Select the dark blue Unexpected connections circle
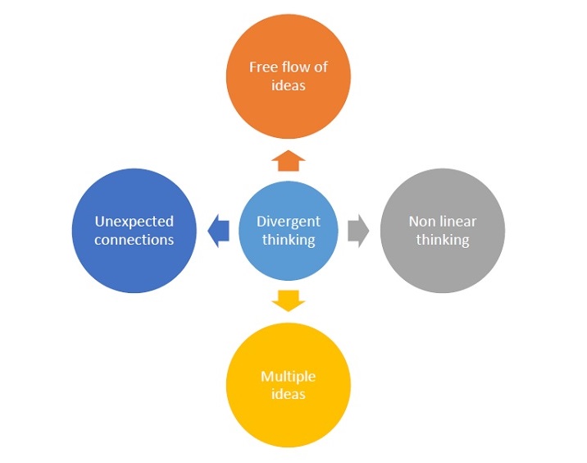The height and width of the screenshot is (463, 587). coord(134,231)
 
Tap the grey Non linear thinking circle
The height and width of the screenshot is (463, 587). coord(443,231)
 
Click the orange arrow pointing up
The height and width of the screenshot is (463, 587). coord(289,159)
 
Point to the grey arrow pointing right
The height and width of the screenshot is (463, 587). coord(358,231)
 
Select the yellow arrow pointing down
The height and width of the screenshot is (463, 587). coord(289,300)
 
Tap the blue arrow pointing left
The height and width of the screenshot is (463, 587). coord(218,231)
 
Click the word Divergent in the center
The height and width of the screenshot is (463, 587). coord(289,222)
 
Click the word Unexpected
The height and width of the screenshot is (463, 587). coord(134,222)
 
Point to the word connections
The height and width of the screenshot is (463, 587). coord(134,240)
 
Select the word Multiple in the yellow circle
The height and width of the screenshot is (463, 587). coord(289,376)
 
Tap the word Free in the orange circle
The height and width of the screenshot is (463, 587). coord(262,67)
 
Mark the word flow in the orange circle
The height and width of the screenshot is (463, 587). coord(293,67)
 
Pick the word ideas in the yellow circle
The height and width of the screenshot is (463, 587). coord(289,394)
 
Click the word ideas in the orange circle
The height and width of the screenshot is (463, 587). coord(289,85)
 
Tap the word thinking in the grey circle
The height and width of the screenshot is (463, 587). coord(443,240)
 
